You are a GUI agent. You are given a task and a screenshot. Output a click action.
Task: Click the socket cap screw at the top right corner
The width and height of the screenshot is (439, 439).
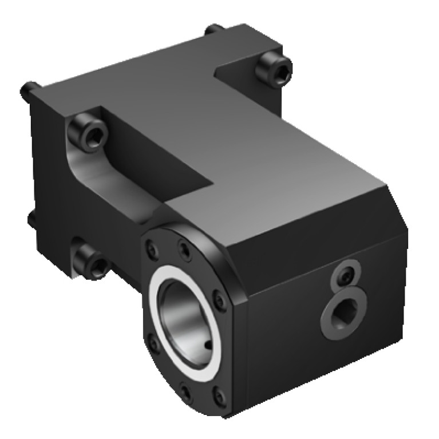(273, 69)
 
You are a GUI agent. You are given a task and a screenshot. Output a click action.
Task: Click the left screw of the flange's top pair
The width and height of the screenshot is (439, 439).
(151, 247)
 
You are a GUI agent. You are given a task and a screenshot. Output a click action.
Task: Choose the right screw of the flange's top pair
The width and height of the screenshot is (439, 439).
(183, 250)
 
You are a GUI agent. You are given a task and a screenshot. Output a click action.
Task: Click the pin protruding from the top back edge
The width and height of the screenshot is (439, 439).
(213, 28)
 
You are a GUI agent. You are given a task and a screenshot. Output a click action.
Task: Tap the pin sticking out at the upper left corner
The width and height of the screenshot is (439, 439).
(26, 89)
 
